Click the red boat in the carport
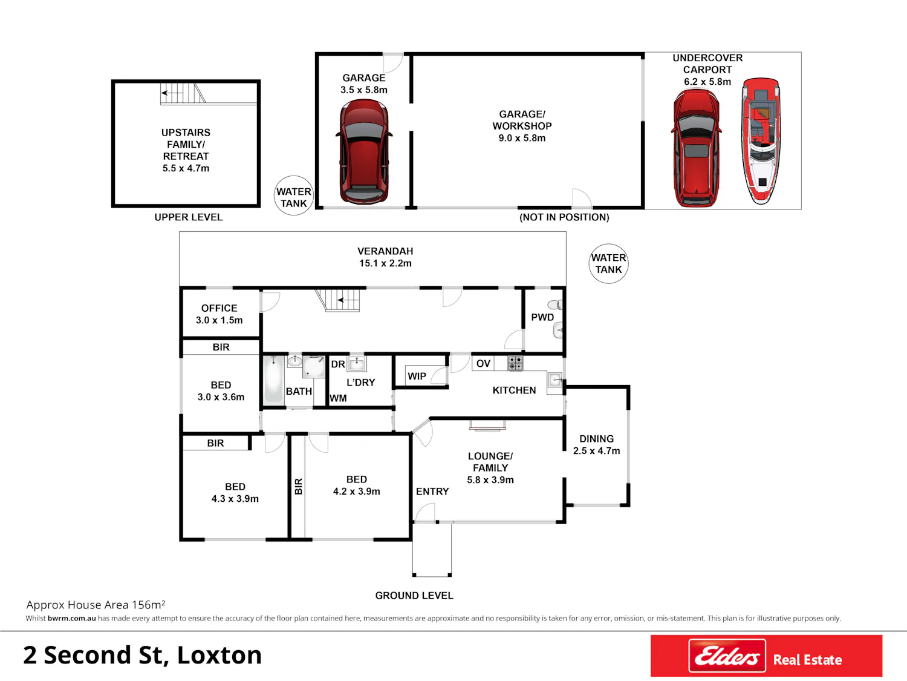click(x=761, y=140)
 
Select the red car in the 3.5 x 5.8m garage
click(x=364, y=151)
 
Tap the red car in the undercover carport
click(x=696, y=148)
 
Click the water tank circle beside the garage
click(x=294, y=196)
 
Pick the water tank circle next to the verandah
click(x=608, y=263)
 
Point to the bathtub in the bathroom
click(x=273, y=380)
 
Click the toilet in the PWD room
click(x=554, y=305)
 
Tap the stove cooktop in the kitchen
click(x=515, y=363)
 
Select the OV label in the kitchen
click(x=483, y=364)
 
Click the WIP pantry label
click(x=417, y=377)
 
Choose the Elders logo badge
click(x=727, y=656)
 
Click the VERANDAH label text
click(x=385, y=251)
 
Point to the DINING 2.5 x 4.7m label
click(x=596, y=445)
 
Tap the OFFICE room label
click(x=219, y=309)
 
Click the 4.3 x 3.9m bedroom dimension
click(x=235, y=499)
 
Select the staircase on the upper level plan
click(x=183, y=93)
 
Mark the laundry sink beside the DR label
click(x=357, y=363)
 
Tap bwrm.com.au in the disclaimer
click(x=72, y=619)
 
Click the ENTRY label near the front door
click(x=432, y=492)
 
